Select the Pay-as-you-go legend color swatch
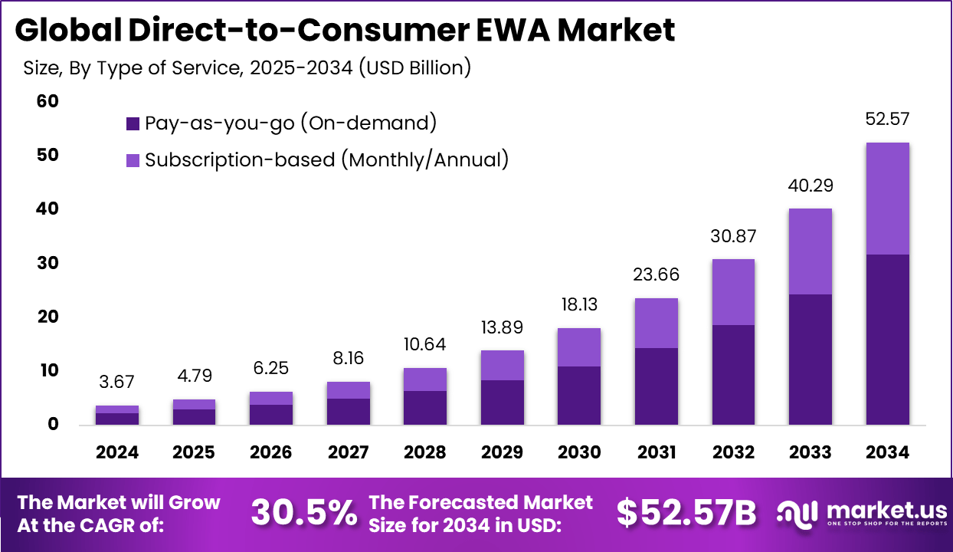coord(133,123)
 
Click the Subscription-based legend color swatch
coord(133,160)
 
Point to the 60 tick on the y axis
coord(47,101)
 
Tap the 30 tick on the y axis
coord(47,263)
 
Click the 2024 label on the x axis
coord(117,452)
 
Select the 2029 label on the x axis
coord(503,452)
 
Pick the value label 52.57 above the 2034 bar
coord(888,119)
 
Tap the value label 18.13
coord(579,305)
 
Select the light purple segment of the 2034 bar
coord(888,199)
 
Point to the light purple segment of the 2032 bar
coord(733,292)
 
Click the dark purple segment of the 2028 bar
coord(425,407)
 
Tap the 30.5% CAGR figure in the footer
coord(304,513)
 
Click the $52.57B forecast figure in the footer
coord(686,513)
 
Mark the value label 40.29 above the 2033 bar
coord(811,186)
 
